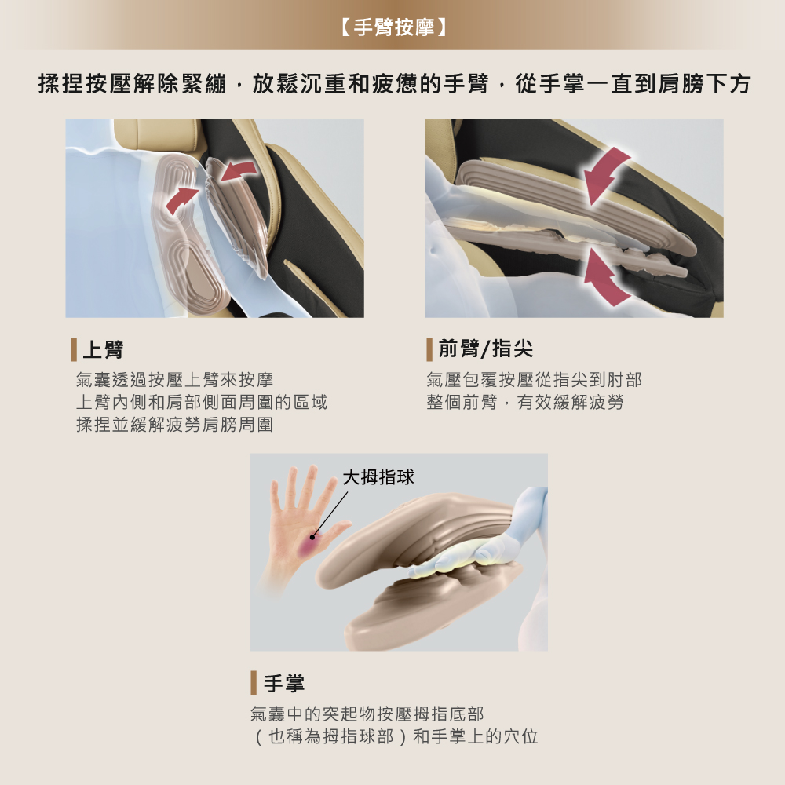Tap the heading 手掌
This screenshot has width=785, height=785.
[284, 683]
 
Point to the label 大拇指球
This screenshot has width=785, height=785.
[378, 476]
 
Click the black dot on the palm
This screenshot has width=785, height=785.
[312, 537]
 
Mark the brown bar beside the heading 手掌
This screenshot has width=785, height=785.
[254, 683]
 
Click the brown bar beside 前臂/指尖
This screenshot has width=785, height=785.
[429, 349]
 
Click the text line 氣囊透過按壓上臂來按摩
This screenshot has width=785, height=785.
[174, 380]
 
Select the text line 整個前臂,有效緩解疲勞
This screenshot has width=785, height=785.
[524, 403]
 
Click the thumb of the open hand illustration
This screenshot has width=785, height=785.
[338, 530]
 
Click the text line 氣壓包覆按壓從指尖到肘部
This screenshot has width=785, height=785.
[534, 380]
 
